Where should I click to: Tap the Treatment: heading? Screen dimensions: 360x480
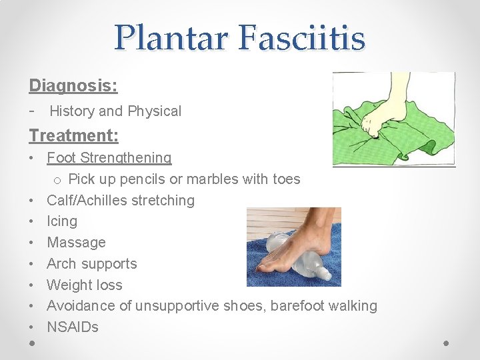(x=74, y=136)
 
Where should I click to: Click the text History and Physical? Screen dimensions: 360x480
(x=115, y=111)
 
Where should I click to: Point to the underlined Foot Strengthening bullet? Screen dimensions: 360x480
(x=109, y=158)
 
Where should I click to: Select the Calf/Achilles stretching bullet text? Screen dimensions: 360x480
(x=121, y=201)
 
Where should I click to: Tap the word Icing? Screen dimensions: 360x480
(x=62, y=221)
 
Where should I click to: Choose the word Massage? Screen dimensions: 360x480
(x=76, y=243)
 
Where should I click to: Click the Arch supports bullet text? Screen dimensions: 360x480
(x=91, y=264)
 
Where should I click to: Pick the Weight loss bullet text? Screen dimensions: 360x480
(x=85, y=285)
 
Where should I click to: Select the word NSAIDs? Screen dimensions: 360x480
(x=73, y=327)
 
